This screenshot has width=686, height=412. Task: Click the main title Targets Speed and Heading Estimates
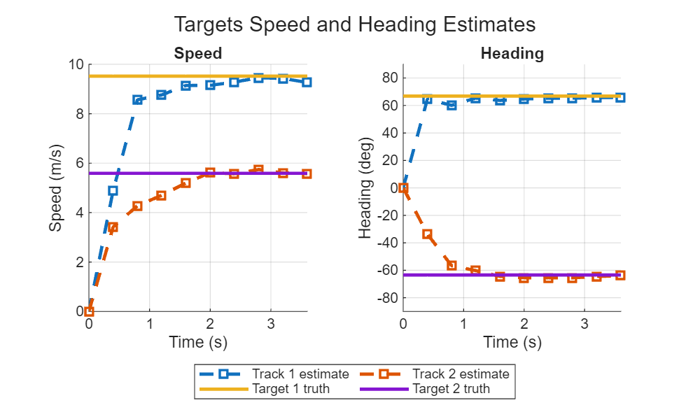(354, 24)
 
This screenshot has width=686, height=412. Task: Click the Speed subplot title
(198, 53)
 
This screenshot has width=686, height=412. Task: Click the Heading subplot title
(512, 53)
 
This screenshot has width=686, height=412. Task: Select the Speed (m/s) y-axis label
(56, 188)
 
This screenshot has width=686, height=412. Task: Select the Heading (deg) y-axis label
(365, 188)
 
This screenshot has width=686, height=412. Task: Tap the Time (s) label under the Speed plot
(198, 342)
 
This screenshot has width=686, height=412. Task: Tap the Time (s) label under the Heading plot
(512, 342)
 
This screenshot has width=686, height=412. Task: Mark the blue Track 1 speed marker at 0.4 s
(113, 190)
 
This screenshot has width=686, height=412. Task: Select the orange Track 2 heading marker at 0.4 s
(427, 234)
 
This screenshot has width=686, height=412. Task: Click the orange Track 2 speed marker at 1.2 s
(161, 196)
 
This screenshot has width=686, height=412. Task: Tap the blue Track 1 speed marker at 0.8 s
(137, 100)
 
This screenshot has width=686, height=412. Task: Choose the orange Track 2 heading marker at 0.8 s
(451, 266)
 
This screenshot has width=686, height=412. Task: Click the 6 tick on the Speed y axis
(79, 163)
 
